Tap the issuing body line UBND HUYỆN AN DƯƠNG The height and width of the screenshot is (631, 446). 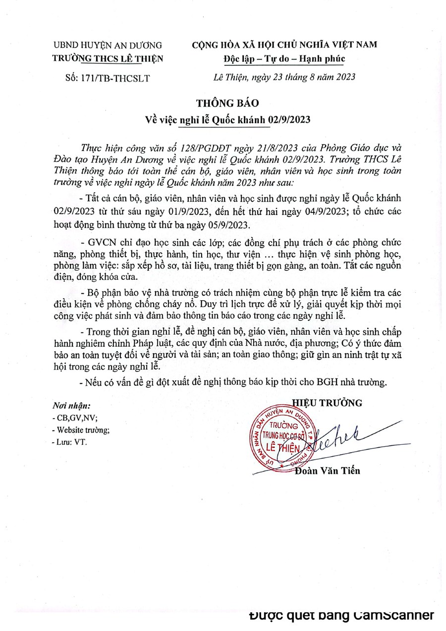(108, 45)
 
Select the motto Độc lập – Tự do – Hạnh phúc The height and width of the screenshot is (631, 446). (283, 59)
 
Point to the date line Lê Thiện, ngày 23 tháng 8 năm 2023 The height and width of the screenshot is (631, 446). (280, 77)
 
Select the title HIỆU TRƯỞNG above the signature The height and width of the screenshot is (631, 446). (327, 403)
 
